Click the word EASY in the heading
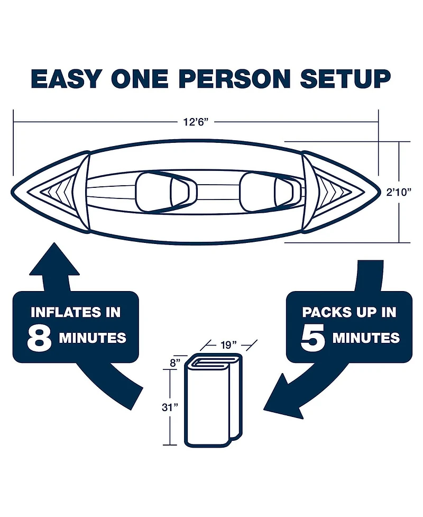tap(66, 79)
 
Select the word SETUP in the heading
tap(346, 79)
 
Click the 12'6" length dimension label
tap(196, 122)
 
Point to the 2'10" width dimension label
tap(399, 192)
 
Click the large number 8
tap(39, 338)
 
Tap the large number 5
tap(312, 338)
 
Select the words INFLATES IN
tap(76, 312)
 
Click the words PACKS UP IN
tap(349, 312)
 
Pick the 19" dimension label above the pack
tap(228, 345)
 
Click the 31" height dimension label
tap(170, 407)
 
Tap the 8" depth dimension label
tap(175, 363)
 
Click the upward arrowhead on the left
tap(54, 260)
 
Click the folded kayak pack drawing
tap(214, 400)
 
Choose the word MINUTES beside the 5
tap(366, 338)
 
